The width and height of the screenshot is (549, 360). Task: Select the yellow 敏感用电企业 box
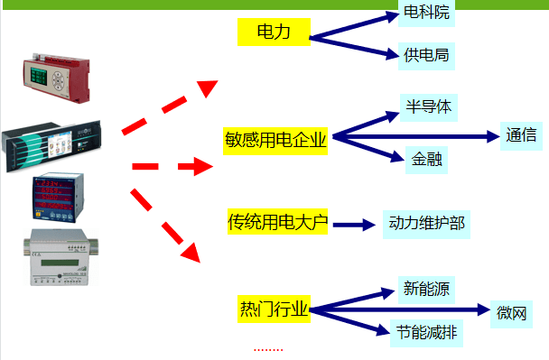(275, 140)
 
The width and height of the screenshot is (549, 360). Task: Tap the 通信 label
(521, 136)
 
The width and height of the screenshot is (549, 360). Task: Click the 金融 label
(424, 158)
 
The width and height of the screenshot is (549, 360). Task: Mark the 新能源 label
(424, 291)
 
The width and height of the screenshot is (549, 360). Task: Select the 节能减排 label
(425, 333)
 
